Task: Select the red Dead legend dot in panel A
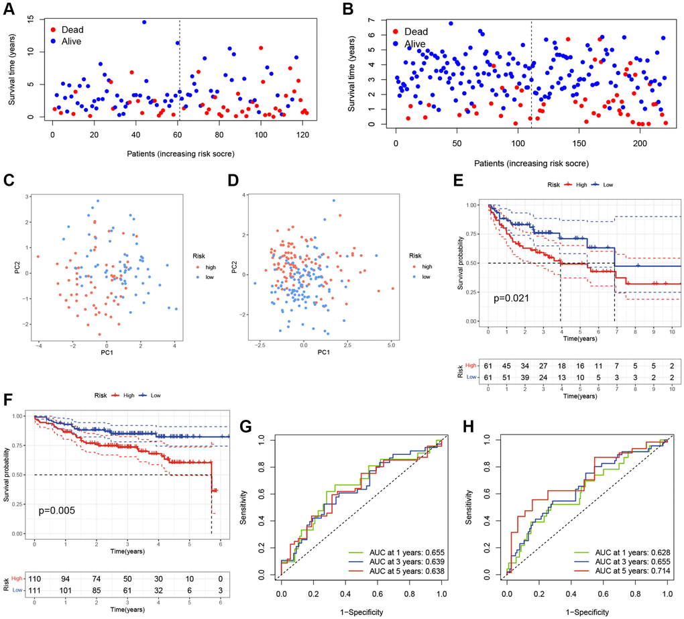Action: click(x=52, y=30)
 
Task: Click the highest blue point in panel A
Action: click(x=144, y=22)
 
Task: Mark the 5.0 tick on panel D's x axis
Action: click(x=391, y=343)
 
